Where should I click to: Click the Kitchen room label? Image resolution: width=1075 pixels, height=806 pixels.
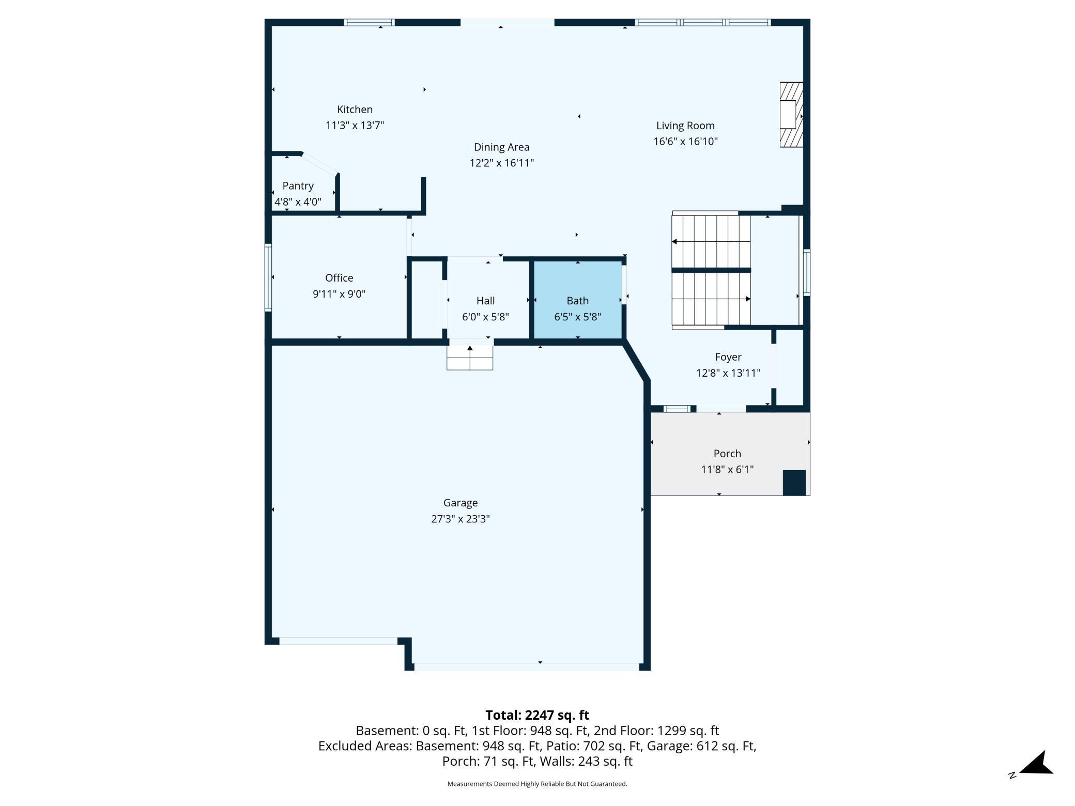click(x=355, y=110)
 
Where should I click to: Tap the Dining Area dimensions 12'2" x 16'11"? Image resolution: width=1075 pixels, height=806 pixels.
click(x=501, y=163)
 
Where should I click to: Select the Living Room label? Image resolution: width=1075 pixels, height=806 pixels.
click(x=685, y=126)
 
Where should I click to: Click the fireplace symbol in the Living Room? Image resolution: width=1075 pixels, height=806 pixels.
click(x=791, y=115)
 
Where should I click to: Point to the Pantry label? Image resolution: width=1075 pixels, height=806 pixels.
click(x=298, y=186)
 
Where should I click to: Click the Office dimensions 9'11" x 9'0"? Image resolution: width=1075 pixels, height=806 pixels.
click(x=339, y=294)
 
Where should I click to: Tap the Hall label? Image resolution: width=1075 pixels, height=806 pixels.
click(x=485, y=301)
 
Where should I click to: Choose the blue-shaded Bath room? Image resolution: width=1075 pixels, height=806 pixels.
click(x=577, y=300)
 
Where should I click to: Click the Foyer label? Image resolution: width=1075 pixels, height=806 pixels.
click(x=728, y=357)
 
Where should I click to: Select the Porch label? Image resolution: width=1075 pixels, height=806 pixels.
click(x=727, y=454)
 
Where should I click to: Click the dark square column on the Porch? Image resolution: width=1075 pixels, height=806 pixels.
click(x=794, y=483)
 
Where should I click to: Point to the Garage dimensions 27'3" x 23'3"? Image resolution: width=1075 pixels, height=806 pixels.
click(x=460, y=519)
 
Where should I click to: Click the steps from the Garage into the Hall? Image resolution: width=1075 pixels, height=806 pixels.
click(x=470, y=358)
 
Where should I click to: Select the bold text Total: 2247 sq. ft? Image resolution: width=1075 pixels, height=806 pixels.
click(x=537, y=715)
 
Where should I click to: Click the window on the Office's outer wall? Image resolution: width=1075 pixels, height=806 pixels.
click(x=268, y=277)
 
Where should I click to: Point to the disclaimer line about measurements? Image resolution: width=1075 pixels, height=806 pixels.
click(x=537, y=784)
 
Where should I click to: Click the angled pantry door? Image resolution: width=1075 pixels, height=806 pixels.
click(x=320, y=164)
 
